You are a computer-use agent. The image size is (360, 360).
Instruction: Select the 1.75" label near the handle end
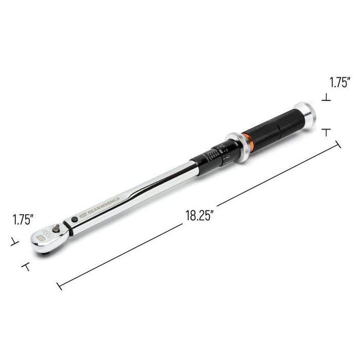pos(340,81)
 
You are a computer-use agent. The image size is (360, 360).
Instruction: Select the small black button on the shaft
pos(76,220)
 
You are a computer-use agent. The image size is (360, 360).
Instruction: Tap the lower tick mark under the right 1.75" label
pos(326,132)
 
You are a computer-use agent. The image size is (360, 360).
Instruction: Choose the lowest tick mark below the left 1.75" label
pos(24,266)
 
